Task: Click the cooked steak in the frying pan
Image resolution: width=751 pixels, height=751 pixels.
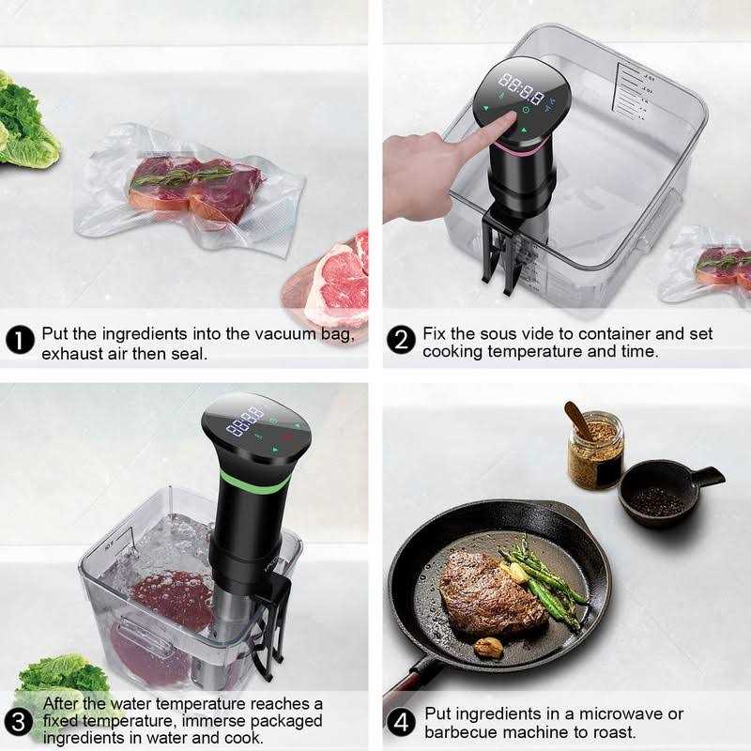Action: point(488,591)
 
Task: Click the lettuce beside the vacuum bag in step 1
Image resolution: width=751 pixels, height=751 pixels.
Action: point(23,122)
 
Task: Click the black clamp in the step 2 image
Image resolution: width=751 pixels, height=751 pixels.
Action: point(498,249)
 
